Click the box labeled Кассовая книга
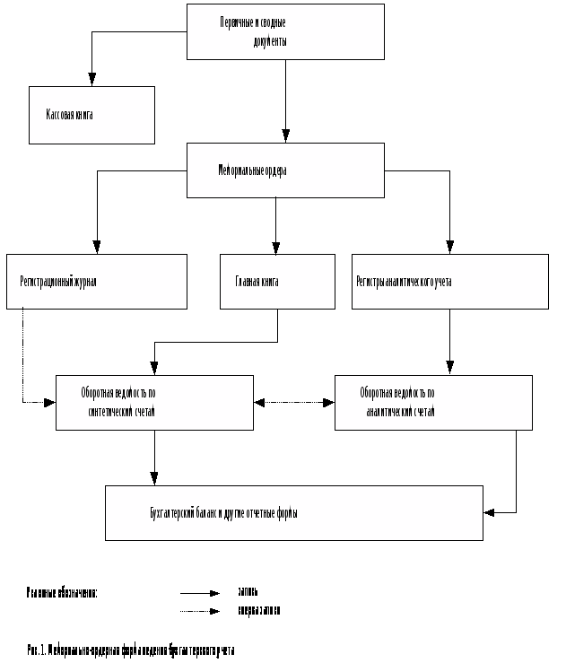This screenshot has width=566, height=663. (x=91, y=115)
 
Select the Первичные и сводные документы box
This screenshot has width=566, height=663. (x=285, y=31)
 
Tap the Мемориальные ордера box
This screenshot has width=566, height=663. (x=285, y=170)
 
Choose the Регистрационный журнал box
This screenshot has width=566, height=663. (x=97, y=282)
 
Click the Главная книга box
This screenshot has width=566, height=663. (x=277, y=282)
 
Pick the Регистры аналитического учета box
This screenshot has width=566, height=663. (x=449, y=282)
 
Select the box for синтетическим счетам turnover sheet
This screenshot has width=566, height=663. (x=154, y=402)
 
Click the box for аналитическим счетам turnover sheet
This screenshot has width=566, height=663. (x=433, y=402)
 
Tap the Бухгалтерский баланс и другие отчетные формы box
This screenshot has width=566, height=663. (x=294, y=513)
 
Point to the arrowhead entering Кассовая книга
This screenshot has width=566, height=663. (x=92, y=80)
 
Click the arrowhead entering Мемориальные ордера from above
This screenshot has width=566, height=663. (x=285, y=136)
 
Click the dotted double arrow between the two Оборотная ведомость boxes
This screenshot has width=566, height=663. (x=294, y=403)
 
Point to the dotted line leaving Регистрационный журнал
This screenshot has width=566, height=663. (x=22, y=359)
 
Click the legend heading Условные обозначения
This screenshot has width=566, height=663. (x=62, y=593)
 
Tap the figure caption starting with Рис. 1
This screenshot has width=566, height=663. (x=130, y=649)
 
